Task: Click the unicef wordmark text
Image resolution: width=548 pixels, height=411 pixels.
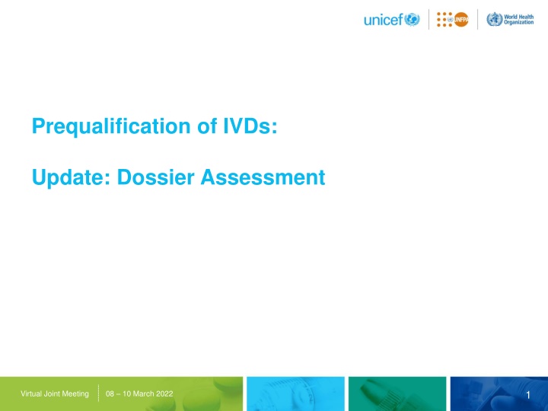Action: tap(383, 20)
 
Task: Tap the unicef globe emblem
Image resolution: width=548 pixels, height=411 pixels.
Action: tap(412, 20)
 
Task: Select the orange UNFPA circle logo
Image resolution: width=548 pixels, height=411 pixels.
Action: tap(462, 20)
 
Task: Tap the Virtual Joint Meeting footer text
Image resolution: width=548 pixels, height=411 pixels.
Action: tap(55, 393)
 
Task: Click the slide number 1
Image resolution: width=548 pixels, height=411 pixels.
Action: tap(527, 393)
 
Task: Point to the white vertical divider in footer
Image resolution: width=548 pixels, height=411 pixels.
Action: tap(99, 393)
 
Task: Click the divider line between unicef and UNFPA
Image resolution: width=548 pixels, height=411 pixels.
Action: tap(429, 20)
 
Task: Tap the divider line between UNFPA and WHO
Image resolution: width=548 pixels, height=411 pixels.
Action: tap(478, 20)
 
